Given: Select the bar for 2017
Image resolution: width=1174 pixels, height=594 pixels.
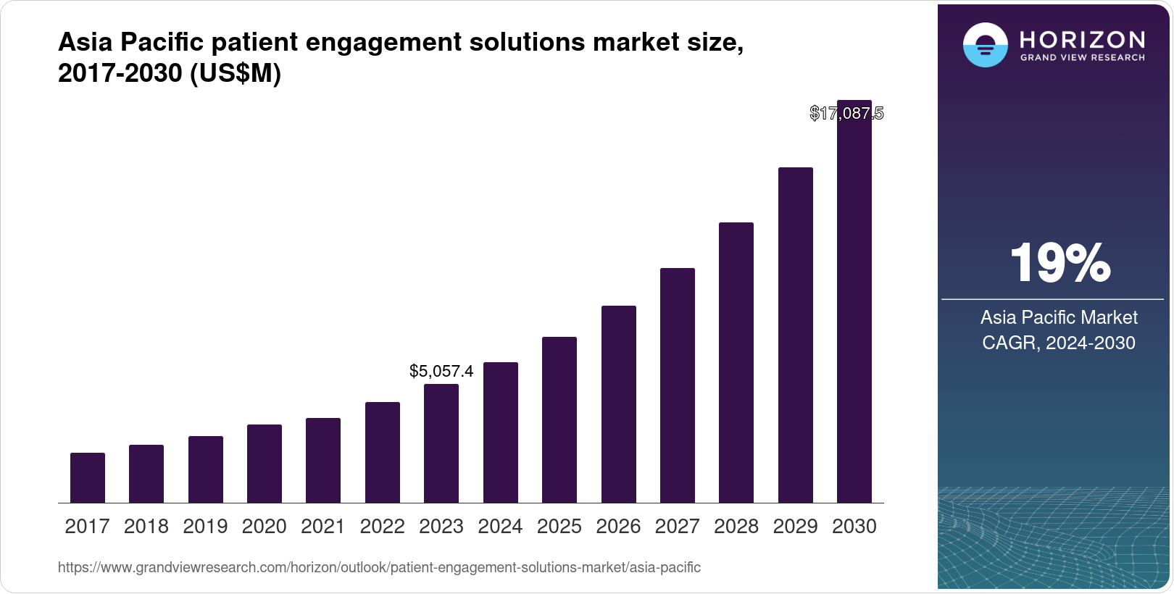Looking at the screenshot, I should (88, 478).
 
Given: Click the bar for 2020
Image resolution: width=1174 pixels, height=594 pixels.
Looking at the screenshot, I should (265, 464).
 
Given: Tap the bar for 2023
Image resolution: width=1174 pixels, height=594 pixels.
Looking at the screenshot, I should (441, 443).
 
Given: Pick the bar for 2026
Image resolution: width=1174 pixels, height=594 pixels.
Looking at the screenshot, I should (619, 404).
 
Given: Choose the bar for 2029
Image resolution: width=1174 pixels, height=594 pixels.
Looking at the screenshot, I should (796, 335).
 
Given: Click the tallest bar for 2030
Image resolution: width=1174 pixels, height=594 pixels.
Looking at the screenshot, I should (854, 304).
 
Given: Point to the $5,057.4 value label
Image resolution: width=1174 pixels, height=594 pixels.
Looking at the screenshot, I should (441, 372).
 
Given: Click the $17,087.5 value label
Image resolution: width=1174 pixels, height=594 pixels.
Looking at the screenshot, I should (846, 114).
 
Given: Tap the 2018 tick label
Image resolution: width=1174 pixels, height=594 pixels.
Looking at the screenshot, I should (146, 527).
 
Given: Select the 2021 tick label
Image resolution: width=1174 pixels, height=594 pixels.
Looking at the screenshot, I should (323, 527).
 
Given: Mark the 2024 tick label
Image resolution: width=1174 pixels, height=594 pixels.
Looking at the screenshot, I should (500, 527).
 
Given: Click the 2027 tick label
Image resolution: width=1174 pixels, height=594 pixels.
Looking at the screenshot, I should (678, 527).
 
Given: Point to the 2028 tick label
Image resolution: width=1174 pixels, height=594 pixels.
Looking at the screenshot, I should (736, 527).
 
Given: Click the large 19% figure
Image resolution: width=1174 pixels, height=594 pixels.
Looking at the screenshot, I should (1059, 264).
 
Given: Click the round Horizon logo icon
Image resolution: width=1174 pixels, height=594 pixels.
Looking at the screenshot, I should (986, 45).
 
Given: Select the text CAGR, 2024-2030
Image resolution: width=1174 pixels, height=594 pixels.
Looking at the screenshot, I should (1059, 343).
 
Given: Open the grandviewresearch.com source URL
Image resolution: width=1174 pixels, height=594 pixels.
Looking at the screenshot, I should (379, 568).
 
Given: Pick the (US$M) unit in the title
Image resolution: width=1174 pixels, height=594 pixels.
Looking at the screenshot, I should (236, 74).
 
